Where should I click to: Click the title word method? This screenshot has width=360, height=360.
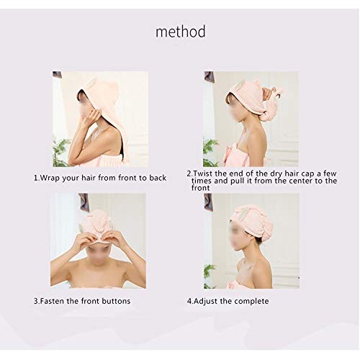tap(181, 32)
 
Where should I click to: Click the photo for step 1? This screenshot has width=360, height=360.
tap(100, 119)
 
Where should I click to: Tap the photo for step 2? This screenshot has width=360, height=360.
tap(250, 119)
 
